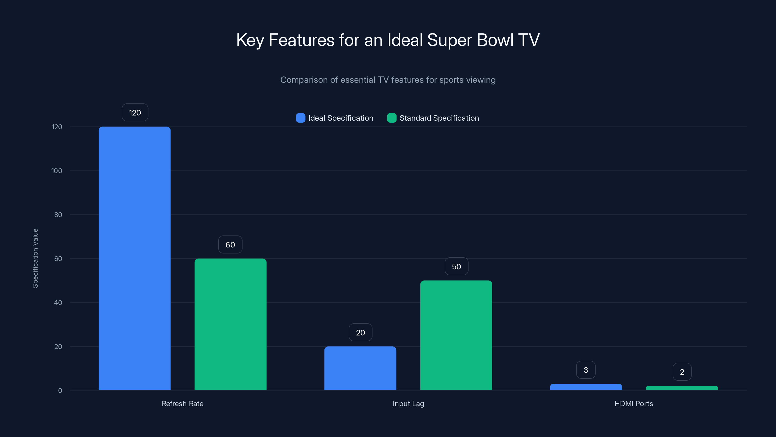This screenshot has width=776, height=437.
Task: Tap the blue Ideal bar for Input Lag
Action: pyautogui.click(x=360, y=368)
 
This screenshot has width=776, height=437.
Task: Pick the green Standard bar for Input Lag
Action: pyautogui.click(x=456, y=335)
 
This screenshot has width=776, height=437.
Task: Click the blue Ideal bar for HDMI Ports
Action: pyautogui.click(x=586, y=387)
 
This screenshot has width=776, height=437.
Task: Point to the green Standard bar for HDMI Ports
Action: pyautogui.click(x=682, y=388)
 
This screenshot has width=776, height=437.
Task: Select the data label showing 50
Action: pyautogui.click(x=456, y=267)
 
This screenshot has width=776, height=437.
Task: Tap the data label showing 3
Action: pyautogui.click(x=586, y=370)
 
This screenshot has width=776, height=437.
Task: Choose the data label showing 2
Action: pyautogui.click(x=682, y=372)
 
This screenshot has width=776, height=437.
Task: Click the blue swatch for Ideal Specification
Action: pyautogui.click(x=301, y=118)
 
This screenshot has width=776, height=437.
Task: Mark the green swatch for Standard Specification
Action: pyautogui.click(x=392, y=118)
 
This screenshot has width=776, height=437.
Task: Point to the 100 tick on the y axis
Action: pyautogui.click(x=57, y=171)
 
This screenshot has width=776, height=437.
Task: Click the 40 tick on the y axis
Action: pyautogui.click(x=58, y=303)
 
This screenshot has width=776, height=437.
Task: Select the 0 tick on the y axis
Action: pyautogui.click(x=60, y=391)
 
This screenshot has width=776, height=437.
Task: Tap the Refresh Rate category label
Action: pyautogui.click(x=183, y=404)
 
